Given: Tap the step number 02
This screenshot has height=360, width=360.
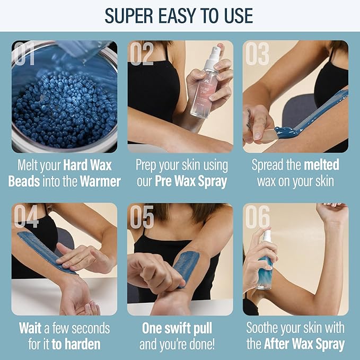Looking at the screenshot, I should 143,54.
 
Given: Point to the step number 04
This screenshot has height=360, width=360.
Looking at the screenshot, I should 26,216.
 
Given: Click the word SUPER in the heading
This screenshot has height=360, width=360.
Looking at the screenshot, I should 130,15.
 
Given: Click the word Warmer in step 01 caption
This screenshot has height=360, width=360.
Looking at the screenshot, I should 101,181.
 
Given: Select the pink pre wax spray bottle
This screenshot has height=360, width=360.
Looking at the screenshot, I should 204,90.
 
